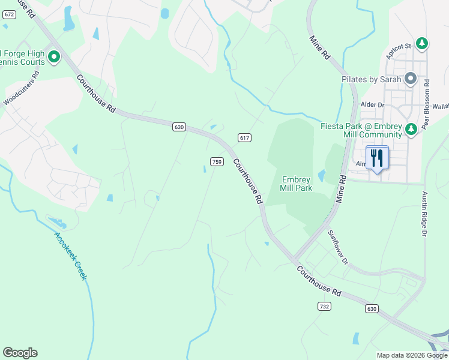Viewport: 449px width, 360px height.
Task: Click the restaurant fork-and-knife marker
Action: point(377,158)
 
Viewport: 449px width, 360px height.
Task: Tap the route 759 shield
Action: point(217,161)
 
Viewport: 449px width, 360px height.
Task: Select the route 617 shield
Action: point(244,137)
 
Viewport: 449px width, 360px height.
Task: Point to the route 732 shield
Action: point(324,306)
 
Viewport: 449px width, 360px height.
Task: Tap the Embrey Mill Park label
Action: point(296,184)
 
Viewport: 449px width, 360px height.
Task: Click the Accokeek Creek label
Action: point(71,256)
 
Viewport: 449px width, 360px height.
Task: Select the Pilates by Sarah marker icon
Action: point(411,79)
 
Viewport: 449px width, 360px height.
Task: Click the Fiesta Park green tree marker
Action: point(411,129)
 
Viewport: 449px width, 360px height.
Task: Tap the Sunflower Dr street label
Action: point(337,246)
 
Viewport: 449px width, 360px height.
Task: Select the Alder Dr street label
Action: point(372,104)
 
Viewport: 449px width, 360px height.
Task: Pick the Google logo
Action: point(20,353)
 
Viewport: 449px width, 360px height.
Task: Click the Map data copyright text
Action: point(411,355)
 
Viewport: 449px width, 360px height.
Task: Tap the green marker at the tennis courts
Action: point(53,57)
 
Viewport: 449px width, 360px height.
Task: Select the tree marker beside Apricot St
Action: point(423,43)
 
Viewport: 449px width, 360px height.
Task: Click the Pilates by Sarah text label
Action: point(372,79)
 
